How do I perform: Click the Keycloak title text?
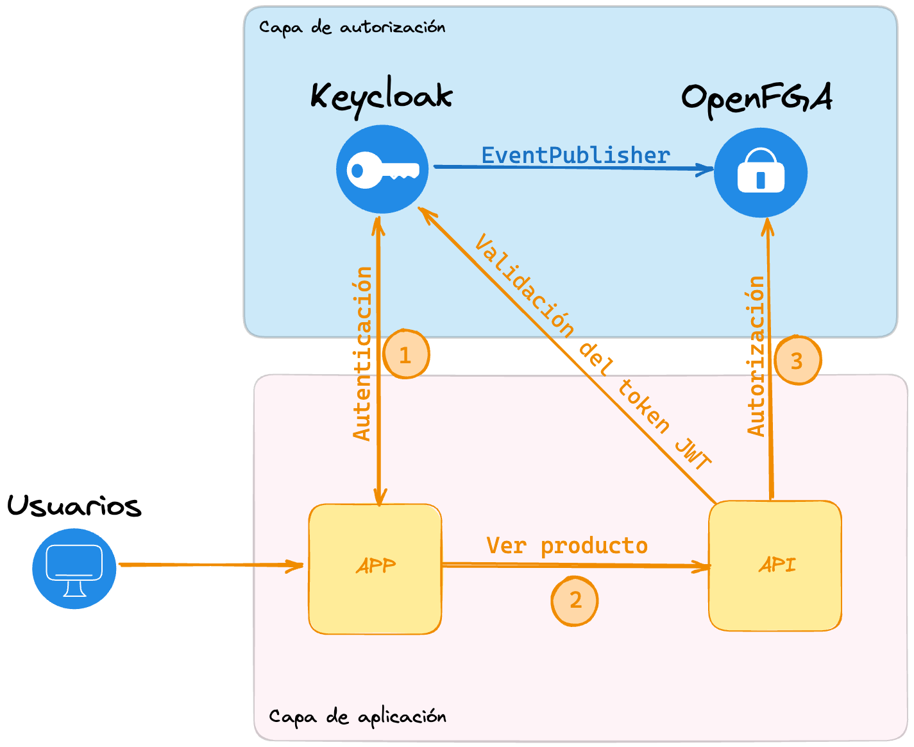tap(382, 97)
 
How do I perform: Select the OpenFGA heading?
tap(756, 98)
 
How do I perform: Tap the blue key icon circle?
tap(382, 169)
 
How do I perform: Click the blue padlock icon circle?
tap(761, 173)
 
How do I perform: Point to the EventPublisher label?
tap(575, 155)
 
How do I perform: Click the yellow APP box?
tap(375, 569)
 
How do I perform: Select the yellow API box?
tap(775, 565)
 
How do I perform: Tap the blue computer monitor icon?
tap(74, 569)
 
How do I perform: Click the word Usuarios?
tap(74, 506)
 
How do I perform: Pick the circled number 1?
tap(405, 355)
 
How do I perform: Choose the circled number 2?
tap(575, 601)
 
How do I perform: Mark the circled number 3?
tap(797, 361)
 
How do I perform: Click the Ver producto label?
tap(567, 545)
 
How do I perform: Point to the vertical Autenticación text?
tap(362, 354)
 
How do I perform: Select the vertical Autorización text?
tap(757, 356)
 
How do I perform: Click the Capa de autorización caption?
tap(352, 27)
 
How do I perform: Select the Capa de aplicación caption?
tap(357, 716)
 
